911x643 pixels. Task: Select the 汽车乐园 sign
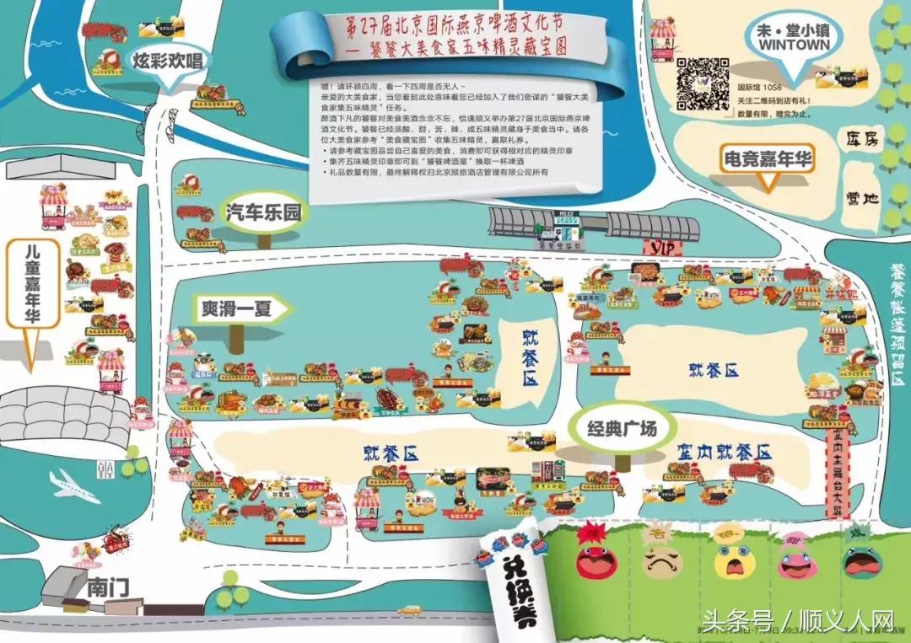point(263,212)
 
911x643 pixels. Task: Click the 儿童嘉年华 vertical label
point(33,283)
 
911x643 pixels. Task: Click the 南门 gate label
point(108,587)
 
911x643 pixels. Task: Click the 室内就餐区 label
point(724,453)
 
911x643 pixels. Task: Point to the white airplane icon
point(74,486)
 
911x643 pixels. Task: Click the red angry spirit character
point(596,556)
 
